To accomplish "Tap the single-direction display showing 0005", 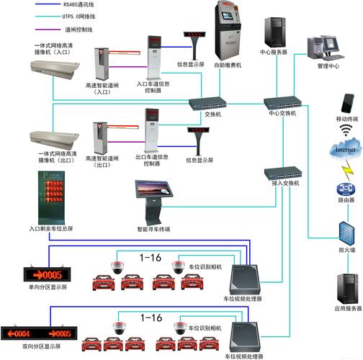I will coord(49,274).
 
